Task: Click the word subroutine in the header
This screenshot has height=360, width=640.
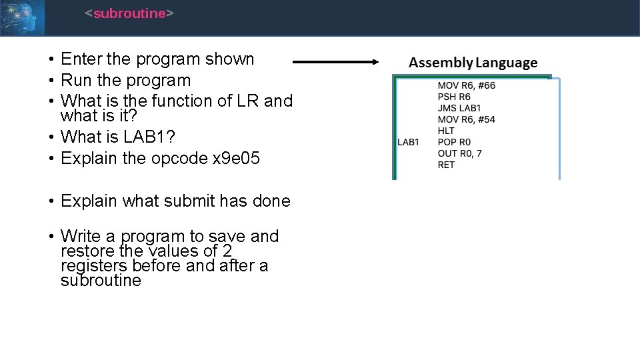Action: click(x=129, y=13)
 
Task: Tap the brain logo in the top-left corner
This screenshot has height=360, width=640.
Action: click(x=22, y=17)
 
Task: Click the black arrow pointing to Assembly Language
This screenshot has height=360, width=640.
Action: click(x=336, y=62)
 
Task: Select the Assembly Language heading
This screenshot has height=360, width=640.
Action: click(x=473, y=63)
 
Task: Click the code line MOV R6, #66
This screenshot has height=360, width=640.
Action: click(x=466, y=85)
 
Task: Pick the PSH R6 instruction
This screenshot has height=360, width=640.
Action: click(x=454, y=97)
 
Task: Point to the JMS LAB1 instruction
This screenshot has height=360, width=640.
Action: click(x=459, y=108)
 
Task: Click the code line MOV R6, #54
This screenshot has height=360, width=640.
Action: click(x=466, y=119)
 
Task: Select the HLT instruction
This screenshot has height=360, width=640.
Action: click(x=446, y=131)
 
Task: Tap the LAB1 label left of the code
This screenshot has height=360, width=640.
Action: click(x=408, y=142)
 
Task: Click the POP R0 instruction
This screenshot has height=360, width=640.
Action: click(x=454, y=142)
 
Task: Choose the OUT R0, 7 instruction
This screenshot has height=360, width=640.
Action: click(x=460, y=153)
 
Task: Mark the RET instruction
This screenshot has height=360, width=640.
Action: click(x=446, y=165)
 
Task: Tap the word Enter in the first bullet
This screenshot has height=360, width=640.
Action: click(x=81, y=59)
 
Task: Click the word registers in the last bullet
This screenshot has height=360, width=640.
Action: click(x=94, y=265)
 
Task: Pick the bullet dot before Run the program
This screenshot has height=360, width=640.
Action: click(x=51, y=81)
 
